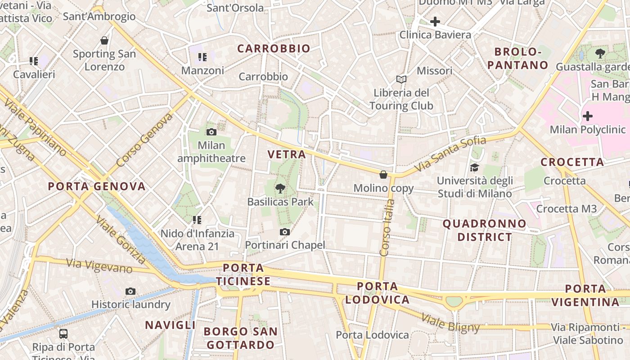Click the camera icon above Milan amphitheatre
point(211,132)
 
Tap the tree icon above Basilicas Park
point(280,188)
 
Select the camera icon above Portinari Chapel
point(284,232)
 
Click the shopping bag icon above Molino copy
point(383,175)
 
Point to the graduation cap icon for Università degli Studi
point(474,168)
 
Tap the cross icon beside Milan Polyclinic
point(587,116)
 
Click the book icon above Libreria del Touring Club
point(401,80)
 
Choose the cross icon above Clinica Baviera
point(435,21)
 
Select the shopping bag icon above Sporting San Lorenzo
point(104,40)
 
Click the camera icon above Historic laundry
point(130,291)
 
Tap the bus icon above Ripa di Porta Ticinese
point(63,334)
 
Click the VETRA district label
point(287,154)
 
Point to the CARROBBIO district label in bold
point(274,49)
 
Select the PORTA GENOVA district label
point(97,186)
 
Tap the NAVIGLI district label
point(170,325)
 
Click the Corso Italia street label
point(387,228)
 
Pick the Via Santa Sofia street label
point(450,154)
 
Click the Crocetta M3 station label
point(566,209)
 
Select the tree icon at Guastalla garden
point(600,54)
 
